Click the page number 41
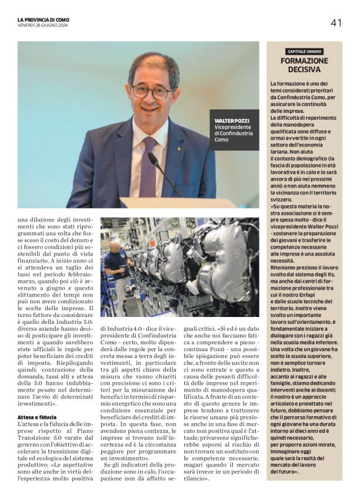(336, 23)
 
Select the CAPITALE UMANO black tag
(304, 51)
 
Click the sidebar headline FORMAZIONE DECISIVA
(304, 66)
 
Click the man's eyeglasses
(152, 92)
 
